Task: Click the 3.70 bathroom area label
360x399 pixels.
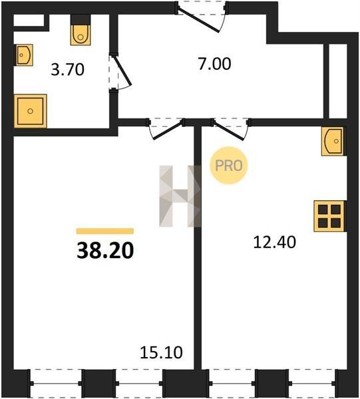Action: click(67, 69)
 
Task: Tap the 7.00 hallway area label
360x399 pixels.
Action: click(215, 64)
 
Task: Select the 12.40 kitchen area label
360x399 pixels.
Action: click(274, 242)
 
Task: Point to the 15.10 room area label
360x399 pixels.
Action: click(161, 352)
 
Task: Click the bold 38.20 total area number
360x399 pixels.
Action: click(105, 250)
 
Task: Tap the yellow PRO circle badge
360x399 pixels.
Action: click(229, 166)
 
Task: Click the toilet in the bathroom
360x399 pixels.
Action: click(81, 35)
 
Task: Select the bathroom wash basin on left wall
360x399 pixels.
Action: click(24, 55)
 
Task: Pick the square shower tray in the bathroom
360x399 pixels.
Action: click(31, 111)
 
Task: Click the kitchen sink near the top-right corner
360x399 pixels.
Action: click(333, 141)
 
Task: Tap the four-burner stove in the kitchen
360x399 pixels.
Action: click(329, 216)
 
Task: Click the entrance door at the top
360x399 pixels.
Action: click(201, 17)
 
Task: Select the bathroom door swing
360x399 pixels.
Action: click(120, 72)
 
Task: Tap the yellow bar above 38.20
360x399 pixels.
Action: click(105, 231)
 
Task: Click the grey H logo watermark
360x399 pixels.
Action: click(180, 196)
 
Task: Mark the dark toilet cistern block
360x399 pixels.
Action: click(81, 19)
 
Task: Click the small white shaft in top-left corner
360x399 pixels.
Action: click(29, 21)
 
